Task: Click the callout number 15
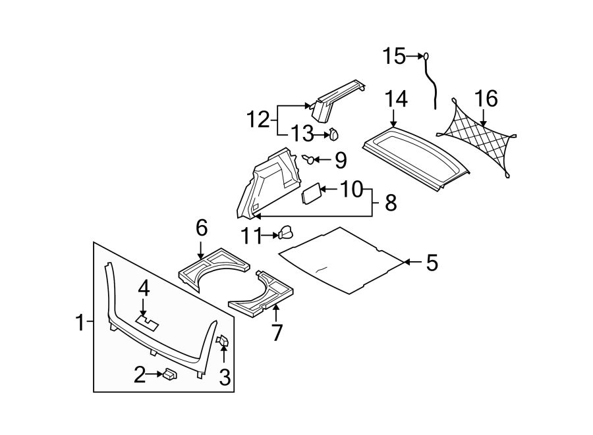(x=394, y=56)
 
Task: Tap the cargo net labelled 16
(x=477, y=138)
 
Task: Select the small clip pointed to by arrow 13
(x=333, y=134)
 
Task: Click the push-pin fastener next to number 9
(x=308, y=159)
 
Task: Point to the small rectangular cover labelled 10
(x=312, y=193)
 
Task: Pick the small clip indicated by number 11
(x=286, y=232)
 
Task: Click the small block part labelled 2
(x=169, y=375)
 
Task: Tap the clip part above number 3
(x=223, y=340)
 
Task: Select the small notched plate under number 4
(x=147, y=323)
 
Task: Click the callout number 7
(x=277, y=332)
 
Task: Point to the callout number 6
(x=202, y=228)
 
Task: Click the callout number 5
(x=432, y=263)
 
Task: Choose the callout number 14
(x=396, y=99)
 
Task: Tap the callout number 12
(x=258, y=120)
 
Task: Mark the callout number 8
(x=391, y=203)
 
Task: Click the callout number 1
(x=80, y=323)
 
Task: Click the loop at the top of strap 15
(x=426, y=57)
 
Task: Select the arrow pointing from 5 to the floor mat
(x=412, y=262)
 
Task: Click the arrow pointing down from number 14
(x=394, y=118)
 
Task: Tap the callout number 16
(x=486, y=99)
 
